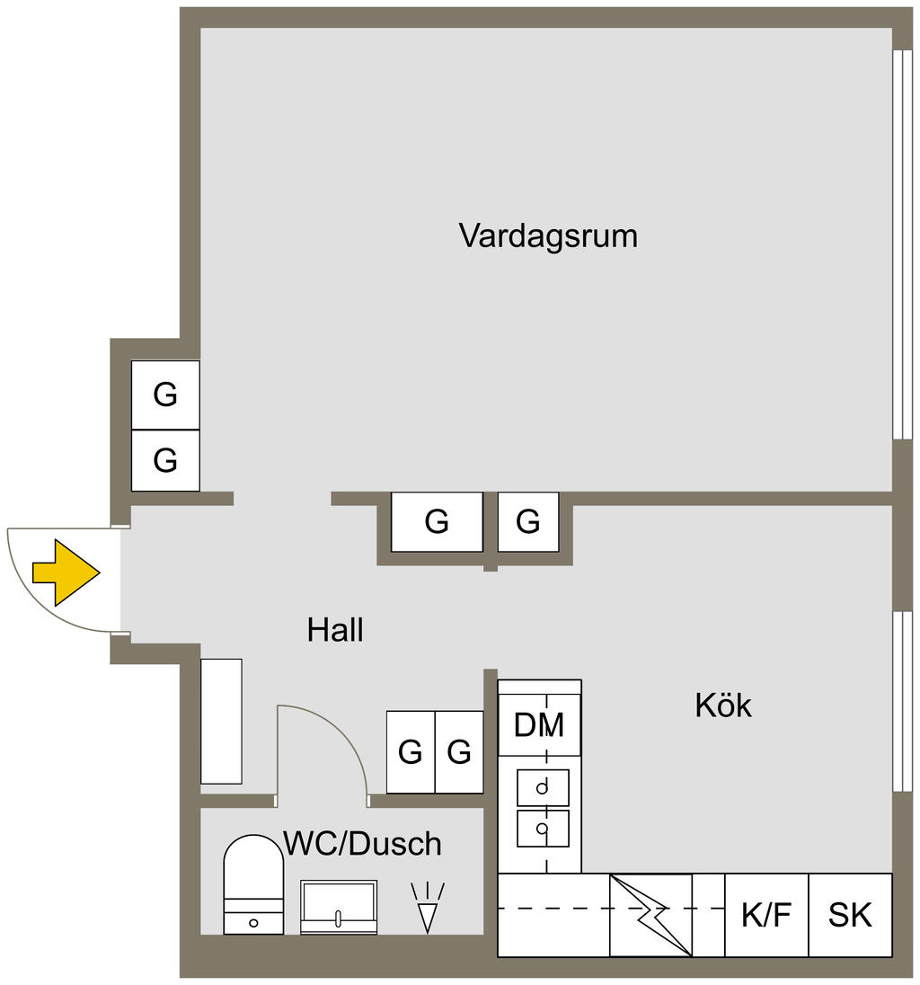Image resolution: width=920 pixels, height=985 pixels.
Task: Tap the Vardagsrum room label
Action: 548,236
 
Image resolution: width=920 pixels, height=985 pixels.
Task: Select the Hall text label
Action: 335,630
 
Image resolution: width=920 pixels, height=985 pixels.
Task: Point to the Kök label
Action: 723,705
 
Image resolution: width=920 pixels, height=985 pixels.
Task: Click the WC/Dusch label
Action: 362,844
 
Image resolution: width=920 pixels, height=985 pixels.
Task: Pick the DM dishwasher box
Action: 539,724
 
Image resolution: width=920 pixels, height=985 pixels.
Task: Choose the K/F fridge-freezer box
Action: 766,915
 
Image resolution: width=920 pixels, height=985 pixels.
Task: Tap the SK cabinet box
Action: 850,915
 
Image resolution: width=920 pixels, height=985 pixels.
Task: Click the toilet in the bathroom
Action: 253,884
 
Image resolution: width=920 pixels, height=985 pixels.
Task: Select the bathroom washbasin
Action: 338,906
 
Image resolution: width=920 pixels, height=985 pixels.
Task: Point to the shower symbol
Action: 428,909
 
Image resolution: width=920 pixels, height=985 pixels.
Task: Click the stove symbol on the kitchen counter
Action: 650,915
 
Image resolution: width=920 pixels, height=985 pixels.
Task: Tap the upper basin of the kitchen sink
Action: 543,788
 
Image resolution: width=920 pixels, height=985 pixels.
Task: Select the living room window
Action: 898,243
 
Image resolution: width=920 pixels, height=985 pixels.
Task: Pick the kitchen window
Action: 898,701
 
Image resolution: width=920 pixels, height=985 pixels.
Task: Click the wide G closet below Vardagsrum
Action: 437,521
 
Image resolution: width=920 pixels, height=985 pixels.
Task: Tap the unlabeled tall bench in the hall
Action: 221,721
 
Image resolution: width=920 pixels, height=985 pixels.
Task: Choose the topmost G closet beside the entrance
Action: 165,395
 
